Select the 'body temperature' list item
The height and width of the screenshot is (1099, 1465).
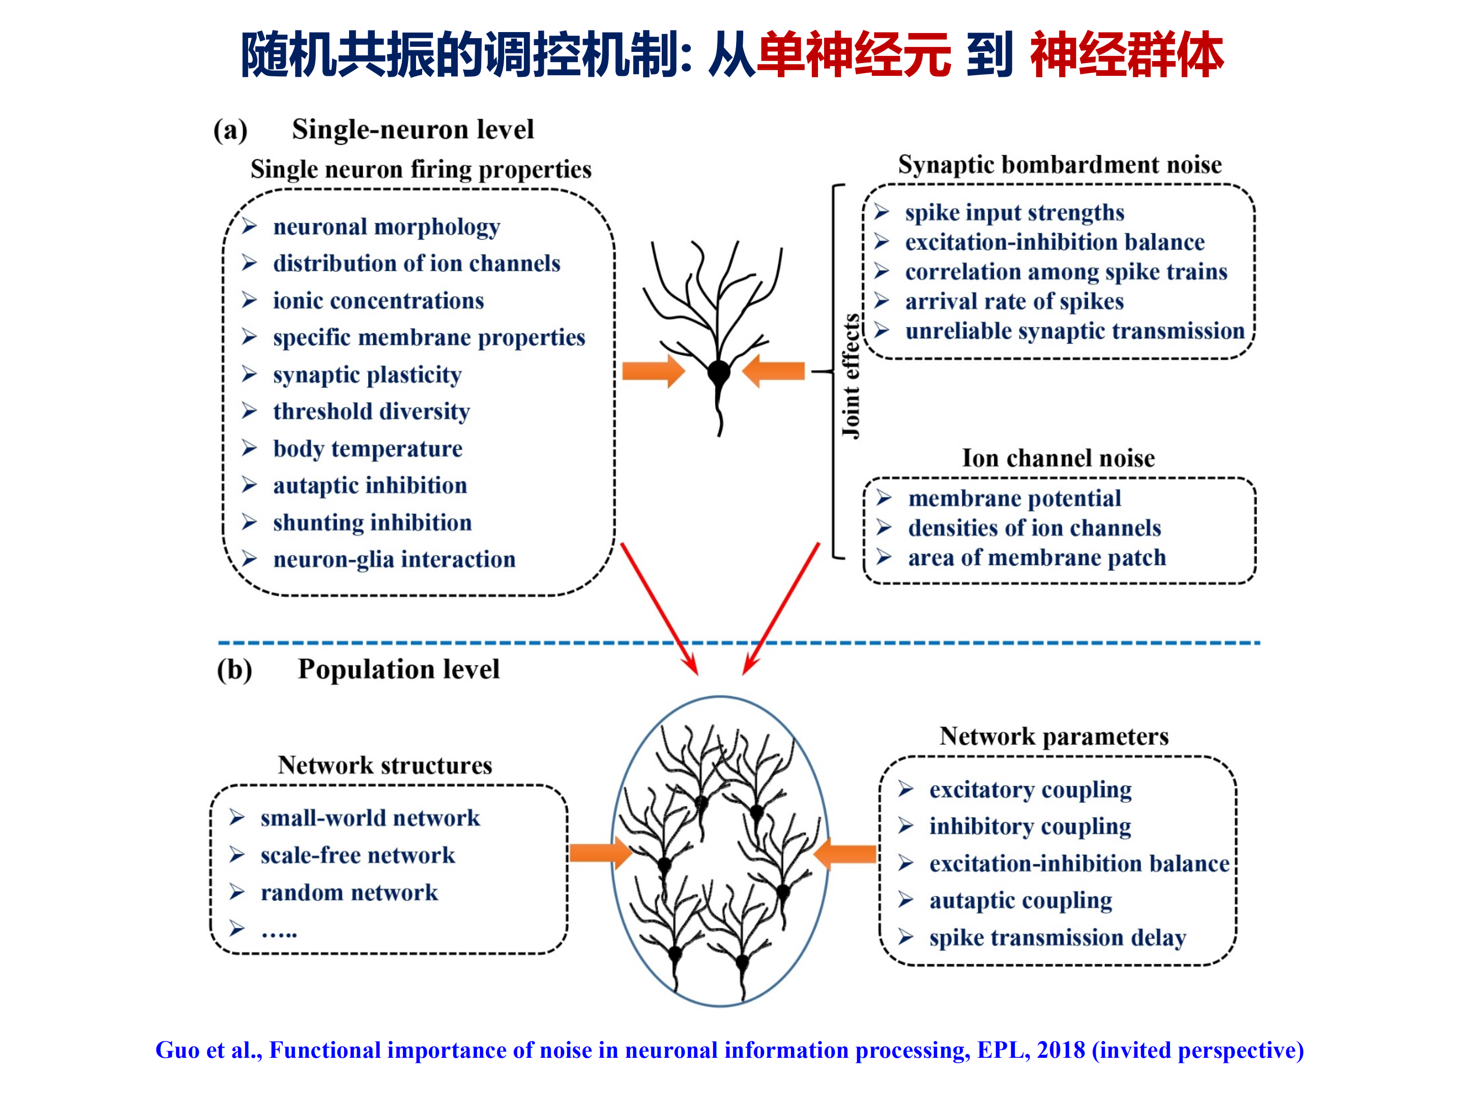[368, 449]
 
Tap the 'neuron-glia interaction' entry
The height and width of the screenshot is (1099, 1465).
[394, 560]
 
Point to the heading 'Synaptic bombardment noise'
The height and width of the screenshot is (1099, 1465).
[1060, 165]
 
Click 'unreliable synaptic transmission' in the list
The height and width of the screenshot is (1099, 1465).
[1075, 331]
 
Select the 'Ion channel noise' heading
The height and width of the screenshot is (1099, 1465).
[1059, 458]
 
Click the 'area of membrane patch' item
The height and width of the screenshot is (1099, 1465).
[1037, 558]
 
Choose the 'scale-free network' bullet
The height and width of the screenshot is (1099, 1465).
[358, 855]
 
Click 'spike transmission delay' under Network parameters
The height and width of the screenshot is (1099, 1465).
[1057, 938]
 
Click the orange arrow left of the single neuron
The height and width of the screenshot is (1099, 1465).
[654, 371]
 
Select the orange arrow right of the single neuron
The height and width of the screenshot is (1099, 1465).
[773, 371]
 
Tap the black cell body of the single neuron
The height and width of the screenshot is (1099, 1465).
[719, 372]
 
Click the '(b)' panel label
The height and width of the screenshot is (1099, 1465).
[235, 670]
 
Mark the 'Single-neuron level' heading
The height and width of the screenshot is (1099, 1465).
[413, 129]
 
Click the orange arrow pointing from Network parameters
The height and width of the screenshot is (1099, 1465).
[844, 855]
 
